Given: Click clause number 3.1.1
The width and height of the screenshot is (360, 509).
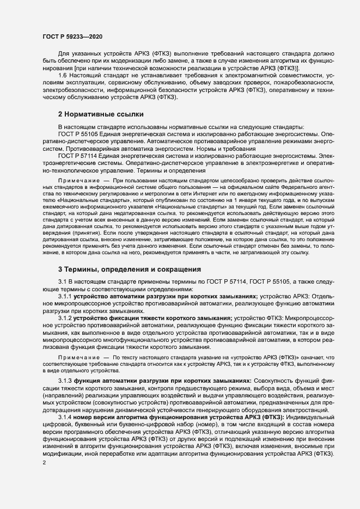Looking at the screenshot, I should [65, 296].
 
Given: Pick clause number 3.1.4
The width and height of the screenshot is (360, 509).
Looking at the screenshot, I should [65, 416].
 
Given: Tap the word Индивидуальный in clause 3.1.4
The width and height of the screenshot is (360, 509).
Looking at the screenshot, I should [308, 416].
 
